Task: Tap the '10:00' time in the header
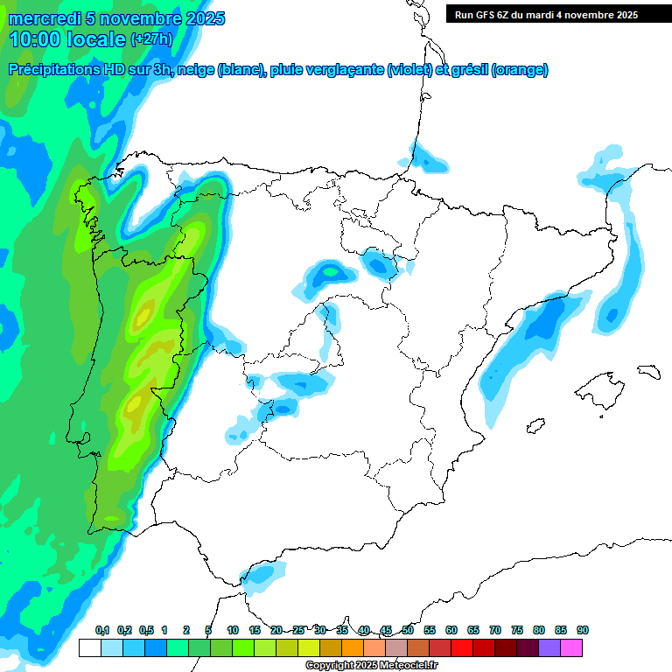(x=34, y=39)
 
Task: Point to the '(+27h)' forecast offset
(x=151, y=39)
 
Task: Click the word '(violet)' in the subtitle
(x=409, y=70)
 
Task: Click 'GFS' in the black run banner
(x=488, y=15)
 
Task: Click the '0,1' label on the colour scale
(x=101, y=631)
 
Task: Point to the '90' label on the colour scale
(x=583, y=631)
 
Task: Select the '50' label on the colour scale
(x=408, y=631)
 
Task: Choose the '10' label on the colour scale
(x=233, y=631)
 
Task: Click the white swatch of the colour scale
(x=89, y=648)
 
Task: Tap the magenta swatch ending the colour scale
(x=571, y=648)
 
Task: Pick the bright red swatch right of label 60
(x=462, y=648)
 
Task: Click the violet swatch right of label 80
(x=549, y=648)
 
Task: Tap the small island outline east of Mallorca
(x=648, y=371)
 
